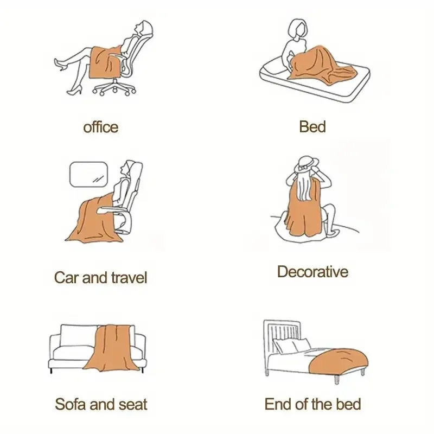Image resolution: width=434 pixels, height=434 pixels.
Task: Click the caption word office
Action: (x=101, y=127)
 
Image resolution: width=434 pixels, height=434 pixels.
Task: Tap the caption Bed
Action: (x=312, y=127)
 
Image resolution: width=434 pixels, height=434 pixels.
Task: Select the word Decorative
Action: (x=313, y=272)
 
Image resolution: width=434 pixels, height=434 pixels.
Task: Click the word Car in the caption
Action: (x=67, y=277)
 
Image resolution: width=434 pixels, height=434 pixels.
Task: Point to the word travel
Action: (x=129, y=277)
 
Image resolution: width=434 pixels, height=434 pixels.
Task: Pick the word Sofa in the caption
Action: (x=71, y=404)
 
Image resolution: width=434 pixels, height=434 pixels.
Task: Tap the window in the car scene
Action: (x=88, y=174)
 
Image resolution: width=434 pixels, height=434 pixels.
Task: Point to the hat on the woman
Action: (x=306, y=165)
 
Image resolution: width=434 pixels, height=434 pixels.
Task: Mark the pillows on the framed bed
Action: (x=292, y=346)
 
